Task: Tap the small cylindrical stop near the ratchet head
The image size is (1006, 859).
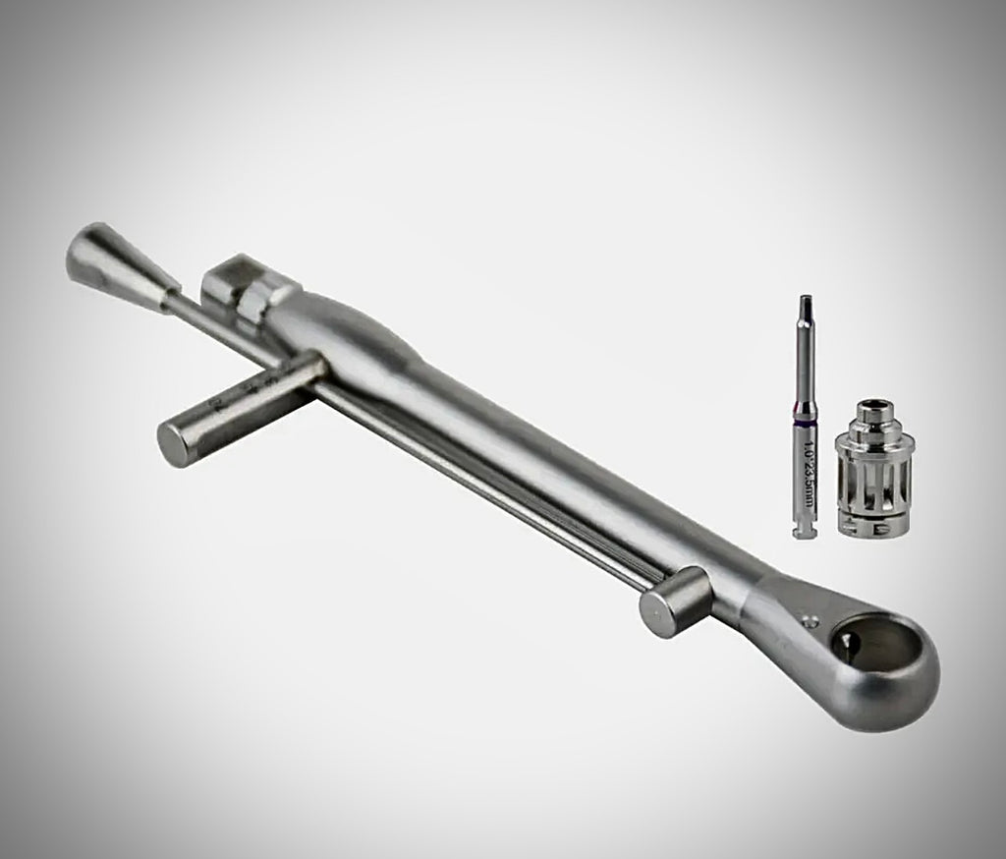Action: coord(673,601)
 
